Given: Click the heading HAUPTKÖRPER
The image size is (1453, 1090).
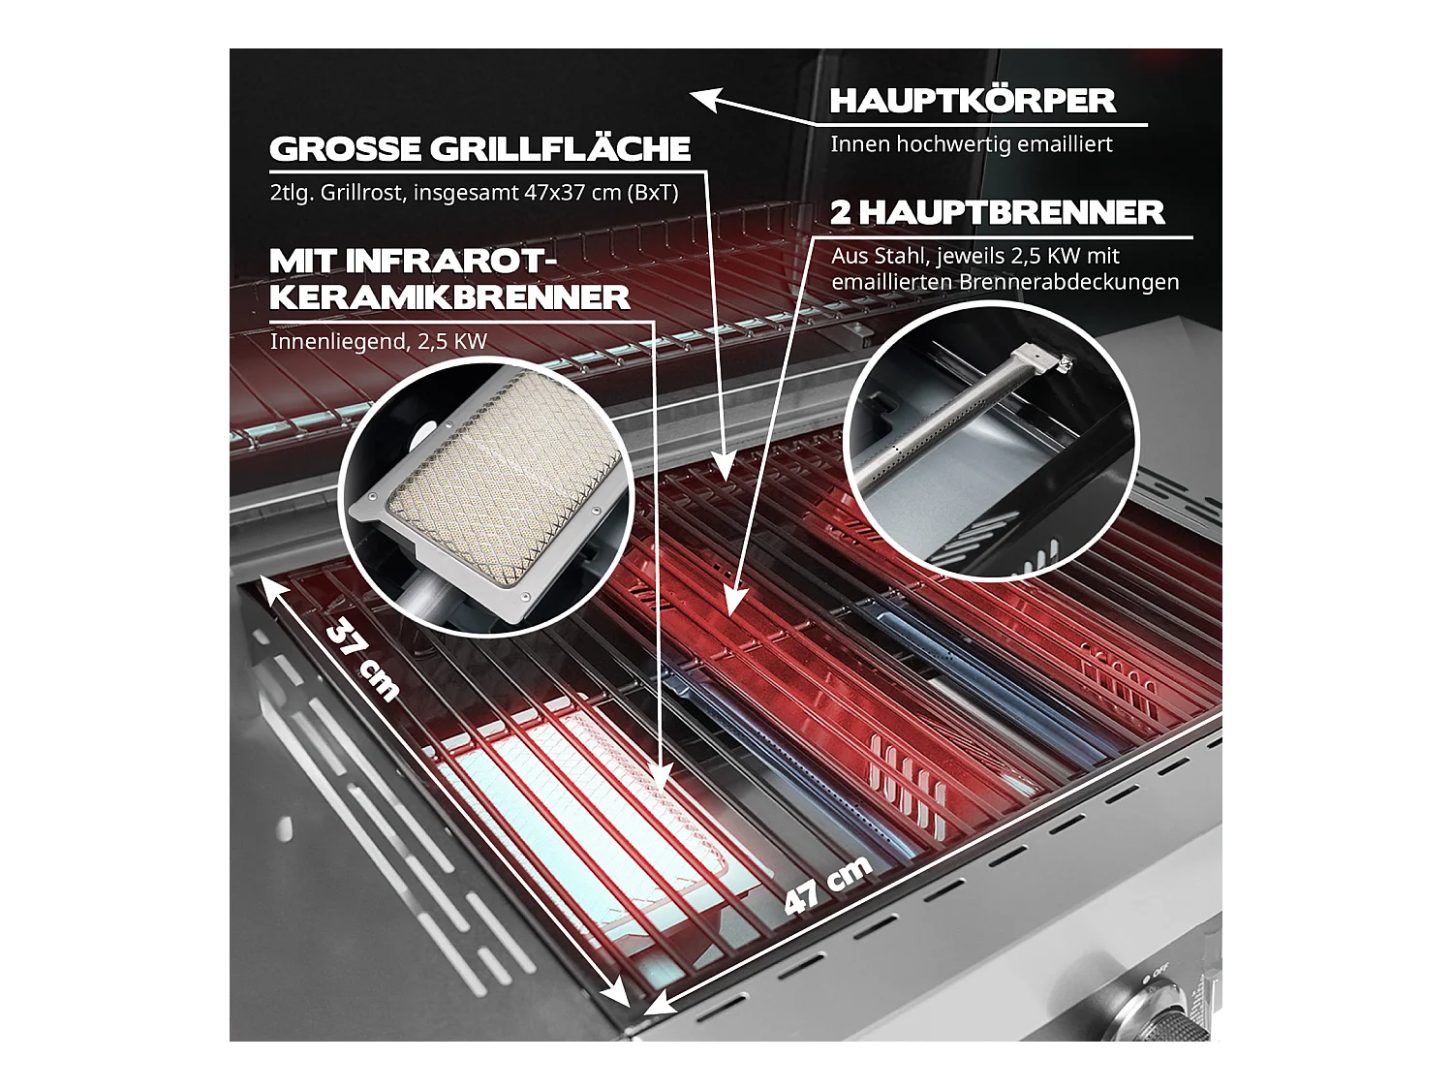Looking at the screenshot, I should pos(973,101).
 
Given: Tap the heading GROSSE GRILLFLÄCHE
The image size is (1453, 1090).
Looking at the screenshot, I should pos(479,149).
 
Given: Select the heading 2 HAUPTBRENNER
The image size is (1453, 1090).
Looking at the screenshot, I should pos(997,213).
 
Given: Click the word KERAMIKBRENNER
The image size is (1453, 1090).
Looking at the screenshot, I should pos(449,297).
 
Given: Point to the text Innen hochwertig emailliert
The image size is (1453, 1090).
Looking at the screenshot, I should pos(971,144).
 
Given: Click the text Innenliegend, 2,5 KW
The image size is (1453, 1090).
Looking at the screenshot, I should pos(378,341).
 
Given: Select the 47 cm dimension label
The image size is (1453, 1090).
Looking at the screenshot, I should pos(828,885).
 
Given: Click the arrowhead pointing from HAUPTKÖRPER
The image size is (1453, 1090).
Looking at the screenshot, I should pos(702,98).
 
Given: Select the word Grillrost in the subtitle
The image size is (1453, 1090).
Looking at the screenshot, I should pos(362,193).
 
